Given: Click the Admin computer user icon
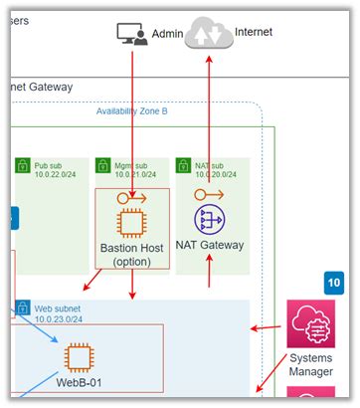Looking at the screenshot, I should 131,34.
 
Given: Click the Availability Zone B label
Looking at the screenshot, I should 132,111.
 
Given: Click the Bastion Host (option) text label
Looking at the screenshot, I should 132,254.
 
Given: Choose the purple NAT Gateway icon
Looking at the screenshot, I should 210,220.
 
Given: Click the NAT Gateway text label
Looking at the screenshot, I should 210,245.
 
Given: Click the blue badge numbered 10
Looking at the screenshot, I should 333,283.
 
